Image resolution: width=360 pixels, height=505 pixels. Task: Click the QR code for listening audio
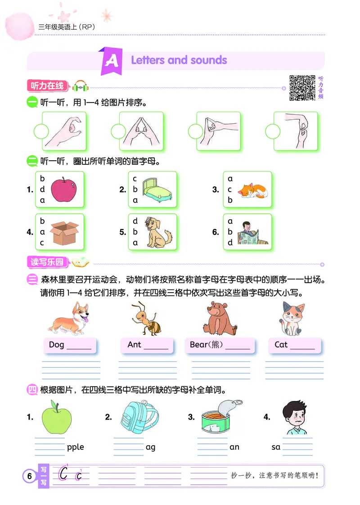(x=302, y=88)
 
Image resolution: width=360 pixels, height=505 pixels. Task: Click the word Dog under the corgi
(x=57, y=345)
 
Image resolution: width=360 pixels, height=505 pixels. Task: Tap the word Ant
(x=134, y=345)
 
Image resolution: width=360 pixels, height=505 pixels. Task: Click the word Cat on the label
(x=281, y=345)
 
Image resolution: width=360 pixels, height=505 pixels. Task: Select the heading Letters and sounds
(x=179, y=60)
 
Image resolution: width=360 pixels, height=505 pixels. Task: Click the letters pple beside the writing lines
(x=75, y=447)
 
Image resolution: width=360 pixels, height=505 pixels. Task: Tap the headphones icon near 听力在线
(x=81, y=86)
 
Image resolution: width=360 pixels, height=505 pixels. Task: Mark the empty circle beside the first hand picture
(x=41, y=131)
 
